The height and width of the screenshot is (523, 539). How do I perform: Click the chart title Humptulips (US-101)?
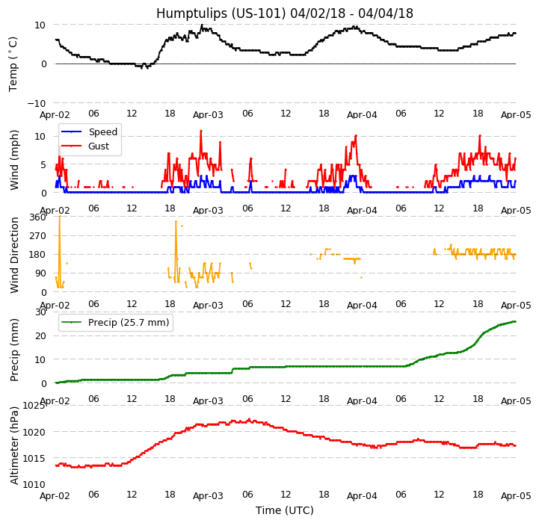coord(284,13)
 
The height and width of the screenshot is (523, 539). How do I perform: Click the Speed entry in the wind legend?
coord(102,132)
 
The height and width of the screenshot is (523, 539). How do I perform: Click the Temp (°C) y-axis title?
coord(14,64)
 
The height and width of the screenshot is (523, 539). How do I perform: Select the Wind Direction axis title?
coord(14,254)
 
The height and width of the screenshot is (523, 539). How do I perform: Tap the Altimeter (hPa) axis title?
coord(14,445)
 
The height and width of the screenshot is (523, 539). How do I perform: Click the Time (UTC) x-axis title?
coord(284,510)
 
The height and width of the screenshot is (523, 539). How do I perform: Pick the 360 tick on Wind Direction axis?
coord(37,217)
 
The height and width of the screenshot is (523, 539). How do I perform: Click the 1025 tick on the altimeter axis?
coord(34,406)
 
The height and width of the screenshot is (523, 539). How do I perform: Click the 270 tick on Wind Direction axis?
coord(37,236)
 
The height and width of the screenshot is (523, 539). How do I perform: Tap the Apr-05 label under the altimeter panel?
coord(516,496)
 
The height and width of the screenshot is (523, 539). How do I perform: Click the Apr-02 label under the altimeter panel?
coord(55,496)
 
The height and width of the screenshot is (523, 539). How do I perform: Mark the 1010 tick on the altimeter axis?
coord(34,484)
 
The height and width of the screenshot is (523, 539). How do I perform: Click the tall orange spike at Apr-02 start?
coord(59,247)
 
